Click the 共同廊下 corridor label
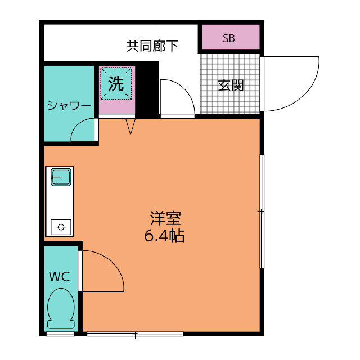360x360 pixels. click(152, 46)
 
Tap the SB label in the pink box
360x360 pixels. click(228, 38)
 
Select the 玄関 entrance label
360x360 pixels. click(231, 85)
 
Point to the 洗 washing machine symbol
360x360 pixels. click(116, 84)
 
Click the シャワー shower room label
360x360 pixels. click(69, 105)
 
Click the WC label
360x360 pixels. click(59, 277)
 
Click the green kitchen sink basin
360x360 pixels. click(60, 177)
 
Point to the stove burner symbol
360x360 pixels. click(60, 227)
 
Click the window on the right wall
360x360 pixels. click(262, 211)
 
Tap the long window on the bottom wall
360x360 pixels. click(135, 334)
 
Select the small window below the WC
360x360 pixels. click(60, 334)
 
